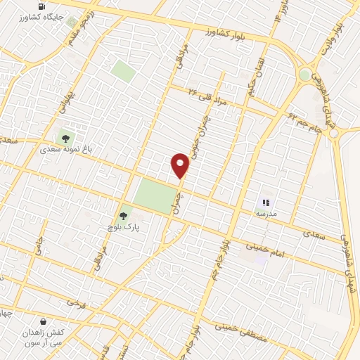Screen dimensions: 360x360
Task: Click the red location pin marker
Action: [180, 165]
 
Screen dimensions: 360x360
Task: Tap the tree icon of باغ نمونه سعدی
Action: [66, 139]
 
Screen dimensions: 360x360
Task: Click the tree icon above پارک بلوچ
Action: [124, 216]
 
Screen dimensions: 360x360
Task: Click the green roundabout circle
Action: [304, 75]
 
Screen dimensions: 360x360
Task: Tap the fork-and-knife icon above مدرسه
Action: [266, 202]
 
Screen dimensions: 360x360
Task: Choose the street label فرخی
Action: [73, 303]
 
